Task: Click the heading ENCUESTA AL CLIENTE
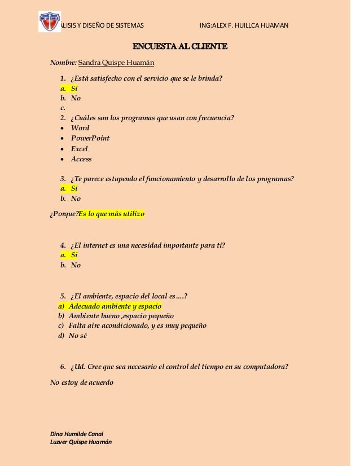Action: coord(179,46)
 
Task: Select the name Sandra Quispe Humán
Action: coord(116,61)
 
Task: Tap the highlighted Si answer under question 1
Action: coord(74,88)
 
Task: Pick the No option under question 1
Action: coord(76,98)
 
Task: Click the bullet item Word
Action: coord(80,128)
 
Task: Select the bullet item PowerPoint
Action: coord(90,138)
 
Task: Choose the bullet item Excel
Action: coord(79,149)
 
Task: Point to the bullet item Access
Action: coord(81,159)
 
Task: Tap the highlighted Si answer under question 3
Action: coord(74,188)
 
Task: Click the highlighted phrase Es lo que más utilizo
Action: coord(111,214)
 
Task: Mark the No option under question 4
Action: coord(76,265)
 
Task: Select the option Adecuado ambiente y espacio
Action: coord(115,306)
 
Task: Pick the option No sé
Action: coord(78,336)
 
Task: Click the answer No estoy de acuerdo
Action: coord(82,383)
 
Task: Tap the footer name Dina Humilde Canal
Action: coord(77,433)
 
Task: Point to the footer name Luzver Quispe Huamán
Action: coord(81,443)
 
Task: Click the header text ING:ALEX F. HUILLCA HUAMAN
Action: coord(244,25)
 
